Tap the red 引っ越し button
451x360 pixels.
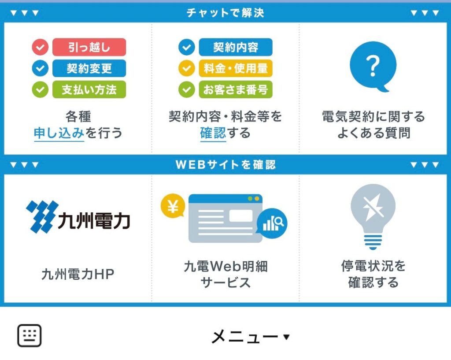(x=89, y=47)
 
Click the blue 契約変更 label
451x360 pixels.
(x=89, y=68)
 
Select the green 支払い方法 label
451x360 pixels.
(x=89, y=89)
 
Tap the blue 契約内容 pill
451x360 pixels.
(x=236, y=47)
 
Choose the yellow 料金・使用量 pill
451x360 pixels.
(x=236, y=68)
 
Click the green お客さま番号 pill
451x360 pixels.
(x=236, y=89)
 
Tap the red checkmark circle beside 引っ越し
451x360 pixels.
(x=40, y=47)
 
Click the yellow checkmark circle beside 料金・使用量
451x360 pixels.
(x=187, y=68)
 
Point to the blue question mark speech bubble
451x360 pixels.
(x=373, y=66)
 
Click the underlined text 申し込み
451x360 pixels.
(x=59, y=133)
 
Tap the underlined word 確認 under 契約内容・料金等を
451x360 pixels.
(x=213, y=133)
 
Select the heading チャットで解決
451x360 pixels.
(x=225, y=13)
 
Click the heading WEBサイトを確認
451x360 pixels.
(x=225, y=165)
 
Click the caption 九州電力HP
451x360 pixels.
(x=78, y=274)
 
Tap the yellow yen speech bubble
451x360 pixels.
(x=173, y=206)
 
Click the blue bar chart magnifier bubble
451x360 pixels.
(x=272, y=223)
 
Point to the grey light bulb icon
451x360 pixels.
(x=373, y=216)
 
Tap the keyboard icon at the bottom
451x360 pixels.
(x=30, y=335)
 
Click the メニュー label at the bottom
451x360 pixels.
(x=245, y=336)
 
